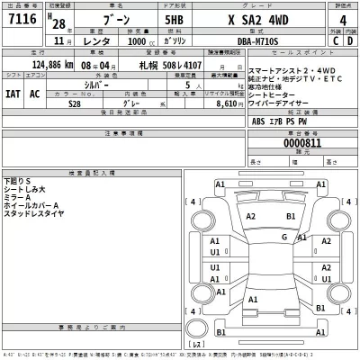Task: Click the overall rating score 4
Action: [342, 22]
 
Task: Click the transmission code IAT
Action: [13, 94]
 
